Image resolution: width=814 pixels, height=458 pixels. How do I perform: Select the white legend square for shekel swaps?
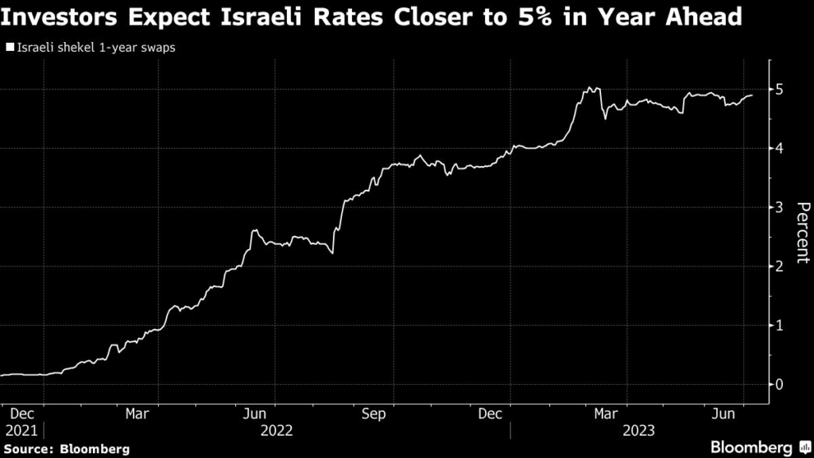pos(10,48)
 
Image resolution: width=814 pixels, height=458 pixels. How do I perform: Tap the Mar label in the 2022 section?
pos(138,413)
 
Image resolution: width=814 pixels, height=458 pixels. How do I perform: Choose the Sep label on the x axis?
pos(374,413)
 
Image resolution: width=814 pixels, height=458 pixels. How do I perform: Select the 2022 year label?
pos(276,430)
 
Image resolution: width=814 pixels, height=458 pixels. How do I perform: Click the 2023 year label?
pos(639,430)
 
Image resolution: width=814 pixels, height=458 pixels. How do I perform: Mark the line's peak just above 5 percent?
pos(589,87)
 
